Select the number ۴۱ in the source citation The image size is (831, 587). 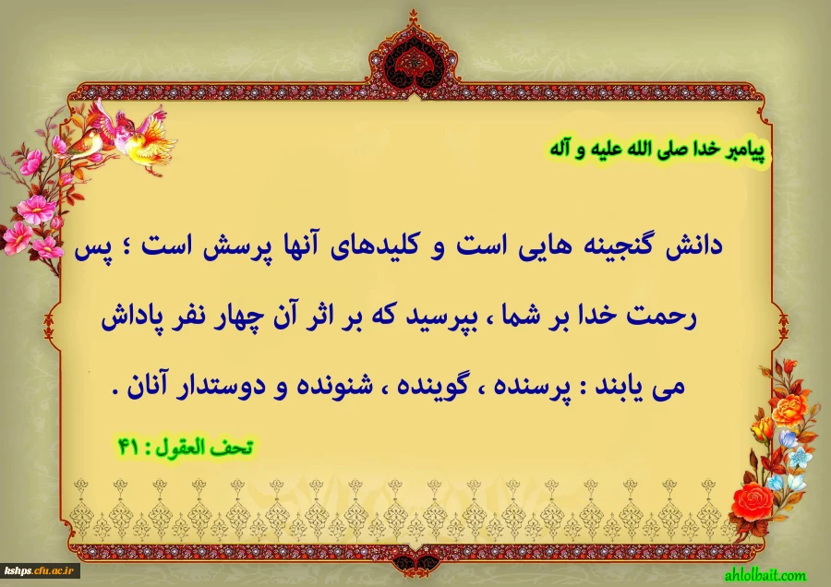127,447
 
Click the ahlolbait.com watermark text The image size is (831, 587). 765,574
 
